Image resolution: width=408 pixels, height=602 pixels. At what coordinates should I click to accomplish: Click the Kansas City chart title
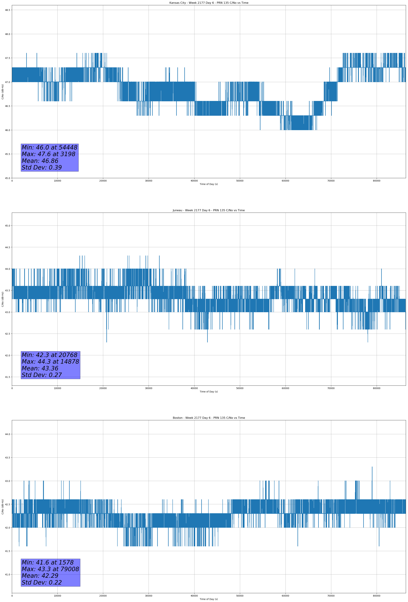[x=209, y=3]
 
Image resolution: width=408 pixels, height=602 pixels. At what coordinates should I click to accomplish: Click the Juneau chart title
[x=209, y=210]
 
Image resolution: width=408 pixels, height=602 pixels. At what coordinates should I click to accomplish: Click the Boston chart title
[x=209, y=418]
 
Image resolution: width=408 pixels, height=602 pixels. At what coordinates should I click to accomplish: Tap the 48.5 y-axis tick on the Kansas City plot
[x=7, y=10]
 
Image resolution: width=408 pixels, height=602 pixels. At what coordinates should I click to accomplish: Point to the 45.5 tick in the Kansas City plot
[x=7, y=154]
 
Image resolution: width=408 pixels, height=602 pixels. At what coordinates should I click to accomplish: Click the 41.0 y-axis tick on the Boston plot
[x=7, y=575]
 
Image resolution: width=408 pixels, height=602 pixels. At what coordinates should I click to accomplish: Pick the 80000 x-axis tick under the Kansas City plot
[x=376, y=181]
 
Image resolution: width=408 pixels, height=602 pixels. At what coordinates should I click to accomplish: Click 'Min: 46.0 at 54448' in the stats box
[x=49, y=147]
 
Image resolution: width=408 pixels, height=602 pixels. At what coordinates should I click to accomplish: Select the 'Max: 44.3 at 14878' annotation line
[x=50, y=362]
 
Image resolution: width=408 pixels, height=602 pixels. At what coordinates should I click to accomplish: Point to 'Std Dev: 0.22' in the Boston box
[x=42, y=582]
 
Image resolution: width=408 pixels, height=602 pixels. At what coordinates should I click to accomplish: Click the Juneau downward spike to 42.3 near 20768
[x=107, y=341]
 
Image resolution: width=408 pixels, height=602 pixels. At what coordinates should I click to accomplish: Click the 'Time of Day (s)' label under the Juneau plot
[x=209, y=392]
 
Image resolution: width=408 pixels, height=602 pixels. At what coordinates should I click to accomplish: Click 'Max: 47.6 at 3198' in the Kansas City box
[x=48, y=154]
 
